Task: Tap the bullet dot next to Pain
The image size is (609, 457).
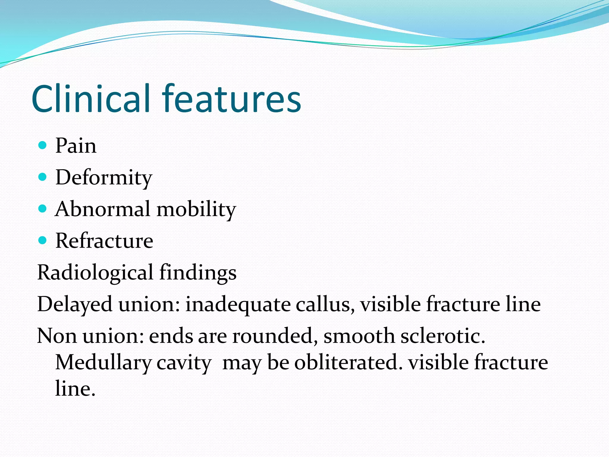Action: (43, 145)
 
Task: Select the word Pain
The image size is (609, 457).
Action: (76, 146)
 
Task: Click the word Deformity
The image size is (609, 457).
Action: (104, 178)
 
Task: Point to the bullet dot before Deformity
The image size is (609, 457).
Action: (43, 177)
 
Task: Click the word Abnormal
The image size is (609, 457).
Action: (103, 209)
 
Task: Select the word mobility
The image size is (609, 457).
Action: (196, 209)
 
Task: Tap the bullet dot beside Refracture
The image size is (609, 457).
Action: (43, 240)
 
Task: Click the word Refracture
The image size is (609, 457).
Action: (104, 241)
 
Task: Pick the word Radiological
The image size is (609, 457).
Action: (95, 273)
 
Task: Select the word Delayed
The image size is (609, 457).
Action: (75, 305)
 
